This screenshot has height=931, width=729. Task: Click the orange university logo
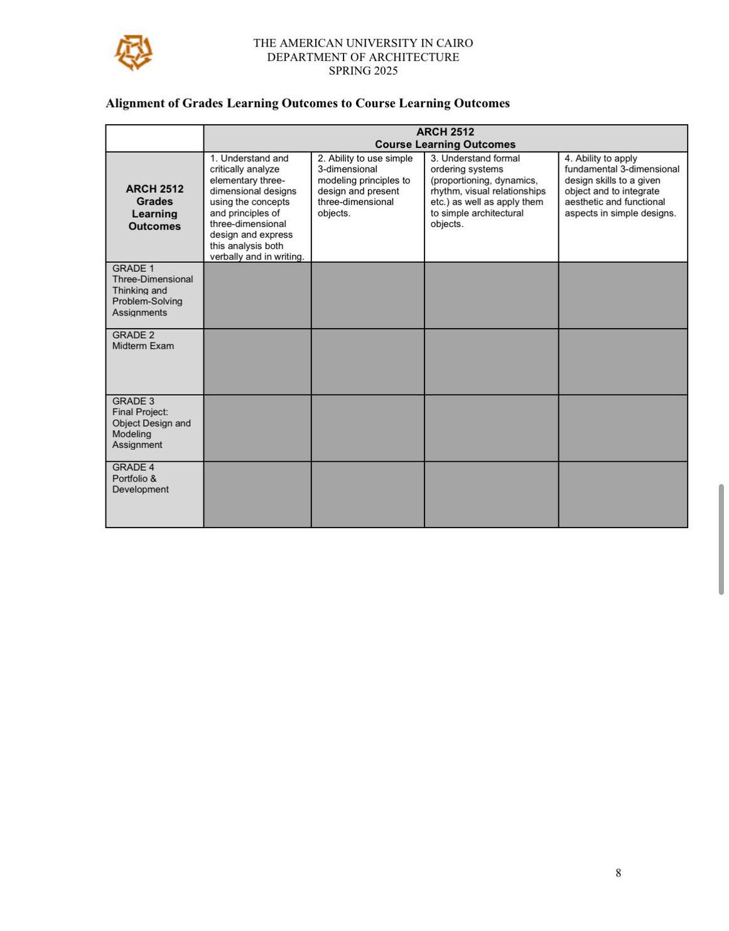point(133,52)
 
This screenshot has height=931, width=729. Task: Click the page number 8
point(618,873)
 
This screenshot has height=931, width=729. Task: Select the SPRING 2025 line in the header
point(363,71)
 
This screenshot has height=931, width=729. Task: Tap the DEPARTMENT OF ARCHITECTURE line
point(363,57)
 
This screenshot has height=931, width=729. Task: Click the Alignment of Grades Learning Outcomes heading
point(307,103)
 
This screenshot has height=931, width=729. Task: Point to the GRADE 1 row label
point(153,290)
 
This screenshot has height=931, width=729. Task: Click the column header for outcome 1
point(257,207)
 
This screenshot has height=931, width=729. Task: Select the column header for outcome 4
point(622,186)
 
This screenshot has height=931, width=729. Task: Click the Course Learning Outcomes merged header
point(445,138)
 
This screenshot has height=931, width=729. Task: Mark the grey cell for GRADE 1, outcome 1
point(257,295)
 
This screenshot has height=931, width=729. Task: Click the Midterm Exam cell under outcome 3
point(491,361)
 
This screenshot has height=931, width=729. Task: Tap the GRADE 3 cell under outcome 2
point(367,428)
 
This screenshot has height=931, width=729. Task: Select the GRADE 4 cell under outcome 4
point(623,494)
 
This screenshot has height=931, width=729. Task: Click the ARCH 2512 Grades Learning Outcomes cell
point(154,207)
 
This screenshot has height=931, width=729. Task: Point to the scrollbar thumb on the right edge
point(721,539)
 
